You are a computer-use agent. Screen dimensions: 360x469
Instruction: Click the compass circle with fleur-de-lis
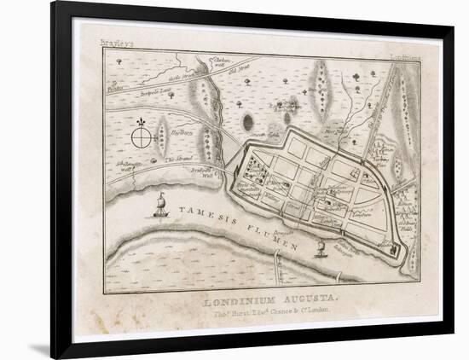coord(142,136)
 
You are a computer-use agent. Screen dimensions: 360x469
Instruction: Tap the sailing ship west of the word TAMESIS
coord(160,205)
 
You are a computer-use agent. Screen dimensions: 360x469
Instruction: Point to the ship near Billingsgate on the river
coord(321,248)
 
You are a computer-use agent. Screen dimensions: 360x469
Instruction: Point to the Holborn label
coord(182,133)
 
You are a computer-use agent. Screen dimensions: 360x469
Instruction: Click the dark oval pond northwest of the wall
coord(248,123)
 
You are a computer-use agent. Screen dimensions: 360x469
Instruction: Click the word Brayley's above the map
coord(117,43)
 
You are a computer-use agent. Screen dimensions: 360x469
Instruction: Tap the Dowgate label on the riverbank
coord(285,231)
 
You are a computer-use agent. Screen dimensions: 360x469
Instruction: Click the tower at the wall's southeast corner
coord(394,249)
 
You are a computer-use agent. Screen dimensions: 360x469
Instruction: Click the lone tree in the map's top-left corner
coord(119,61)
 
